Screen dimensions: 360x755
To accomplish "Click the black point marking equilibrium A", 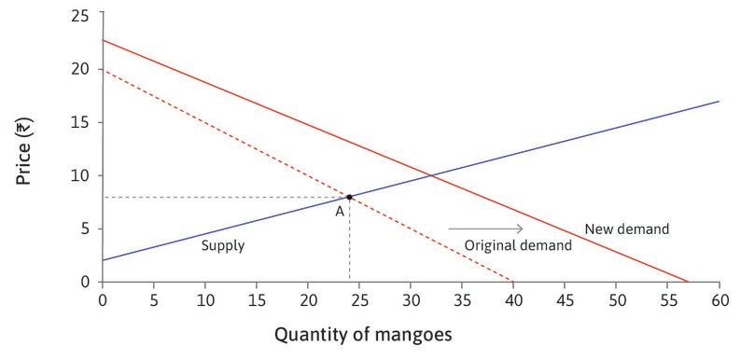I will [349, 197].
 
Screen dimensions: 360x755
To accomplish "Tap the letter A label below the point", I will [341, 212].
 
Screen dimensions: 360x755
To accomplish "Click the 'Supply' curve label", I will [223, 247].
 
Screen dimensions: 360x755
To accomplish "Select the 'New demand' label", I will [627, 228].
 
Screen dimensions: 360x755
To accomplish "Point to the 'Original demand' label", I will [519, 245].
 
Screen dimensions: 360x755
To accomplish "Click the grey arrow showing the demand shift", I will [485, 228].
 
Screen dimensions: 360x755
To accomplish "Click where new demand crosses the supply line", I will [430, 174].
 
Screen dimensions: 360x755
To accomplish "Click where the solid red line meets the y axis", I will [103, 40].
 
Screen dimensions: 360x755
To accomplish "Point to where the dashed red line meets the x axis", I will [513, 282].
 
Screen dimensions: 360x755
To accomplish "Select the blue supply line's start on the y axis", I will [103, 260].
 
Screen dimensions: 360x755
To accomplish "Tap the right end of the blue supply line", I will [719, 101].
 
